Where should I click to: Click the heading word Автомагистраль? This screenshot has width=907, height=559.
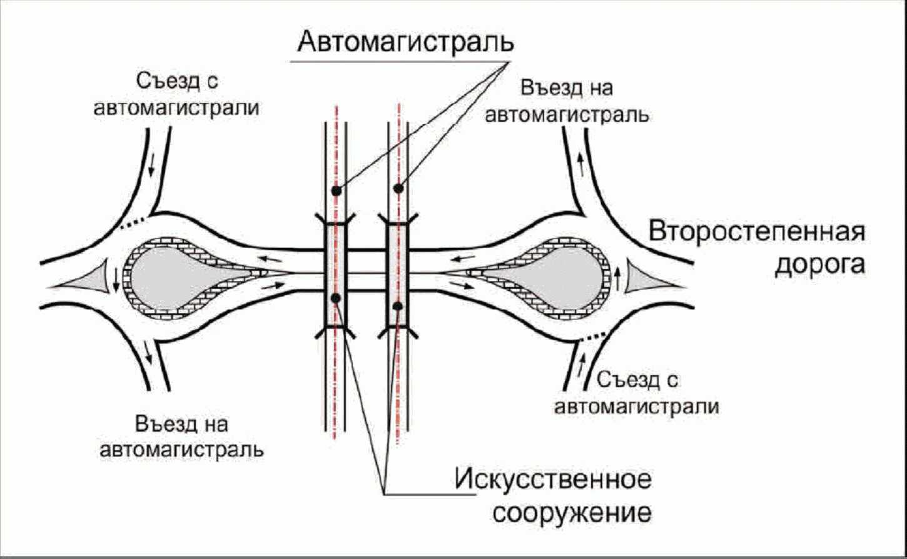[405, 42]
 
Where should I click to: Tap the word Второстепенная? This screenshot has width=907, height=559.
[757, 231]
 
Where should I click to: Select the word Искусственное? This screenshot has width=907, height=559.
[553, 480]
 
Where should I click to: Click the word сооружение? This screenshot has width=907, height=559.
[572, 513]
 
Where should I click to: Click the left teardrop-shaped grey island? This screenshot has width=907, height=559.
[169, 276]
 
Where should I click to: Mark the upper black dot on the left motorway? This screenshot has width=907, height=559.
[336, 190]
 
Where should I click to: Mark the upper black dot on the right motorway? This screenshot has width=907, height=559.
[398, 188]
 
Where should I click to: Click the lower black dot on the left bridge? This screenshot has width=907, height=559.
[336, 298]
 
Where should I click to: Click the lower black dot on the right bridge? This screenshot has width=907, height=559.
[397, 306]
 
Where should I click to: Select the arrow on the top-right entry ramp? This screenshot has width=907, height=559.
[580, 164]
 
